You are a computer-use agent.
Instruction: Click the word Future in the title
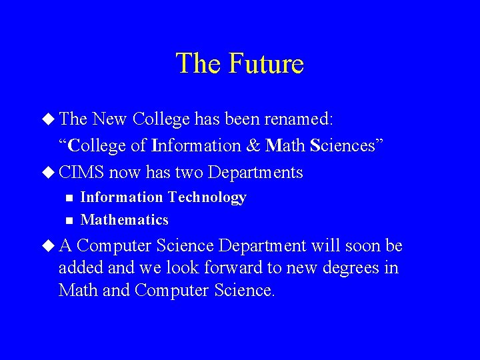[x=266, y=64]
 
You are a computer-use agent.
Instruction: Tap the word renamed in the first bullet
[x=299, y=120]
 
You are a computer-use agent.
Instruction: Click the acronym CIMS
[x=81, y=173]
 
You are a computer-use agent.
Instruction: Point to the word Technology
[x=207, y=197]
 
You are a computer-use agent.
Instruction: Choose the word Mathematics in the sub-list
[x=125, y=220]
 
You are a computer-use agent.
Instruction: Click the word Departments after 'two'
[x=255, y=173]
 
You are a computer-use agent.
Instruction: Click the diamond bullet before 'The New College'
[x=49, y=120]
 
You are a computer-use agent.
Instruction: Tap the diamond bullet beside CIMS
[x=49, y=173]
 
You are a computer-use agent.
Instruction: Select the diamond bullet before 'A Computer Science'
[x=49, y=246]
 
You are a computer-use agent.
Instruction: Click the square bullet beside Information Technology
[x=68, y=198]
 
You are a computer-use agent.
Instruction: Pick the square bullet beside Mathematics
[x=68, y=220]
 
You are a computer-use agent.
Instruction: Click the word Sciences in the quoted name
[x=341, y=145]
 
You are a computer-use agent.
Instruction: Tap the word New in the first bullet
[x=111, y=120]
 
